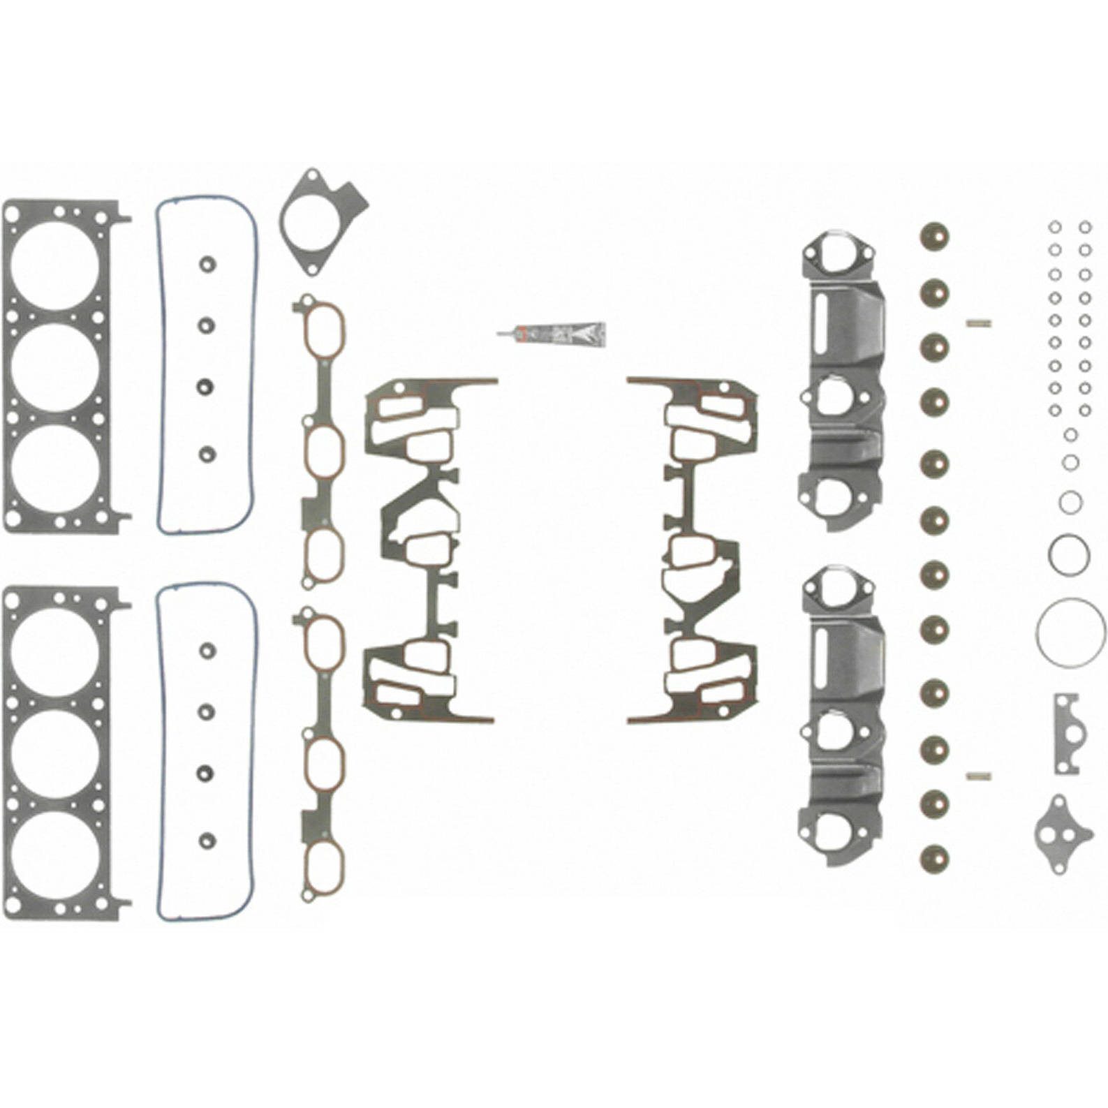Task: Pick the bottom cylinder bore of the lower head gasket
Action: [55, 853]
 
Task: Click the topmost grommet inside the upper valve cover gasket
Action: [206, 265]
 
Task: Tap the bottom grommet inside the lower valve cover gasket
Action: [207, 838]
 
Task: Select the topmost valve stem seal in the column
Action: [934, 237]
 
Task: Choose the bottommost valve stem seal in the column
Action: [934, 857]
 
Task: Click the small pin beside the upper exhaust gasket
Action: [978, 323]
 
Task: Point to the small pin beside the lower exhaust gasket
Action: [978, 776]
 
